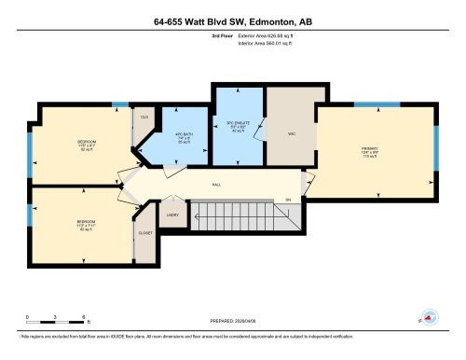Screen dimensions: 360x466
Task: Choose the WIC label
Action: [x=289, y=131]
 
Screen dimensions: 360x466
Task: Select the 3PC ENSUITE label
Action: [x=240, y=124]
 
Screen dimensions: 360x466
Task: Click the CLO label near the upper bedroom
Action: [x=145, y=118]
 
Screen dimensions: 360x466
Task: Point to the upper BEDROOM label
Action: [x=87, y=144]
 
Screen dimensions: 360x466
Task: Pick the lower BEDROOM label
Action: [x=87, y=225]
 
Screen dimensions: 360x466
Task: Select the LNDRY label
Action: [x=172, y=215]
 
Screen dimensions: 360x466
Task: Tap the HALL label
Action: [x=216, y=185]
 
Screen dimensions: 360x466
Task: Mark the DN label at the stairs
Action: [x=288, y=200]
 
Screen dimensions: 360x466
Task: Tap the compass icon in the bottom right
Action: [x=431, y=317]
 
